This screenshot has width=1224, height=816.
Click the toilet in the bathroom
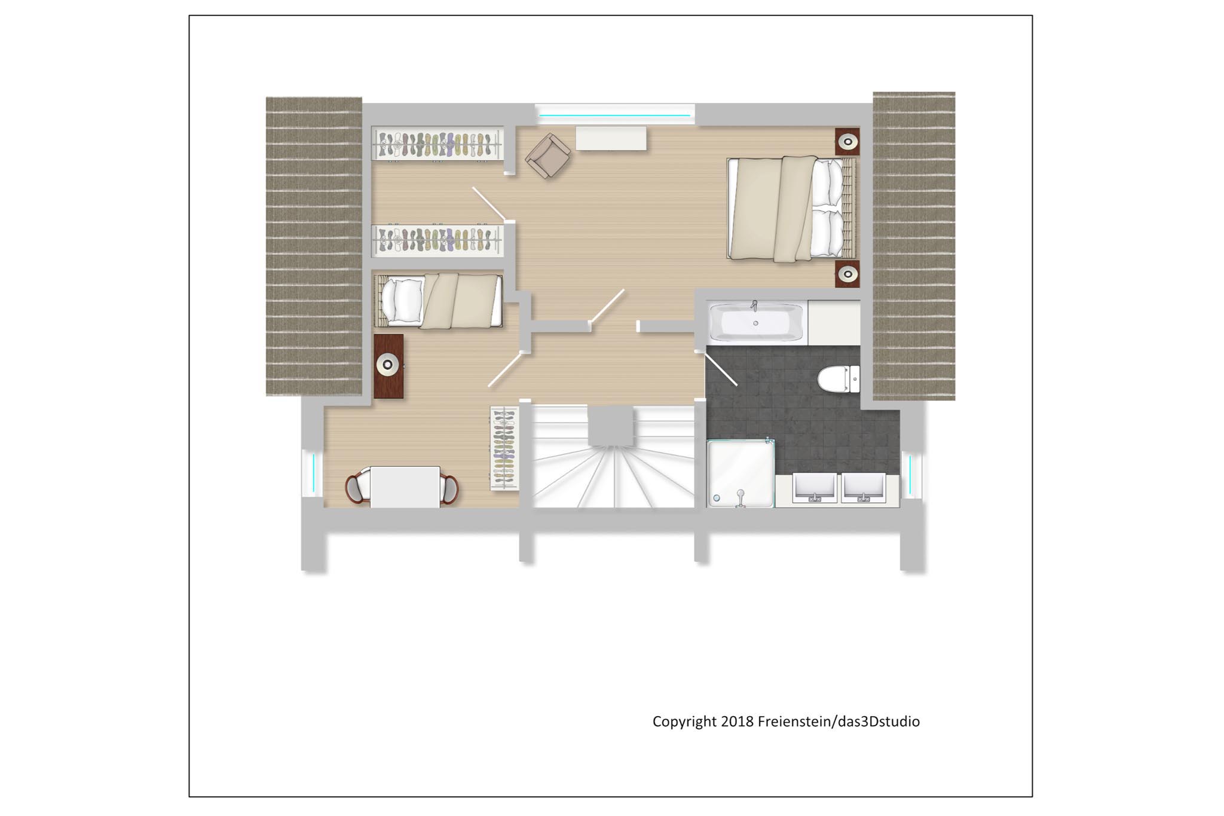tap(838, 379)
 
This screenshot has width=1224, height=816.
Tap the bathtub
tap(757, 322)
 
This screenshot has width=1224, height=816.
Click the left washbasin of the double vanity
tap(814, 488)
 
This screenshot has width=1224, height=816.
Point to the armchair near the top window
tap(547, 155)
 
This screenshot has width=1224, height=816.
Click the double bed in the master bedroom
tap(791, 208)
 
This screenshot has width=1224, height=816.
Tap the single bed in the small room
tap(437, 301)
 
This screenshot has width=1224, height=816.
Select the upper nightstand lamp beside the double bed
tap(847, 142)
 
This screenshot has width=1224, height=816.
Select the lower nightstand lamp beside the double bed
tap(847, 274)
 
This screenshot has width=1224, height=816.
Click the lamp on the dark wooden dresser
tap(388, 365)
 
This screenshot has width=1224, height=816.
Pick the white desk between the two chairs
tap(405, 487)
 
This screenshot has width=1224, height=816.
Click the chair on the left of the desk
tap(357, 488)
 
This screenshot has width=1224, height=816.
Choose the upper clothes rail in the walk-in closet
tap(437, 143)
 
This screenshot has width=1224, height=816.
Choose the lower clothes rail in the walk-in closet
tap(437, 240)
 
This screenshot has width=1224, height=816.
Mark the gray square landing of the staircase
tap(610, 425)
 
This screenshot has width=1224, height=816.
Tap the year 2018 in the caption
tap(738, 722)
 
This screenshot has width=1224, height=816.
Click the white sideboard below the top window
tap(611, 138)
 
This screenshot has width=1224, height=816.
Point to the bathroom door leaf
tap(720, 368)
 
